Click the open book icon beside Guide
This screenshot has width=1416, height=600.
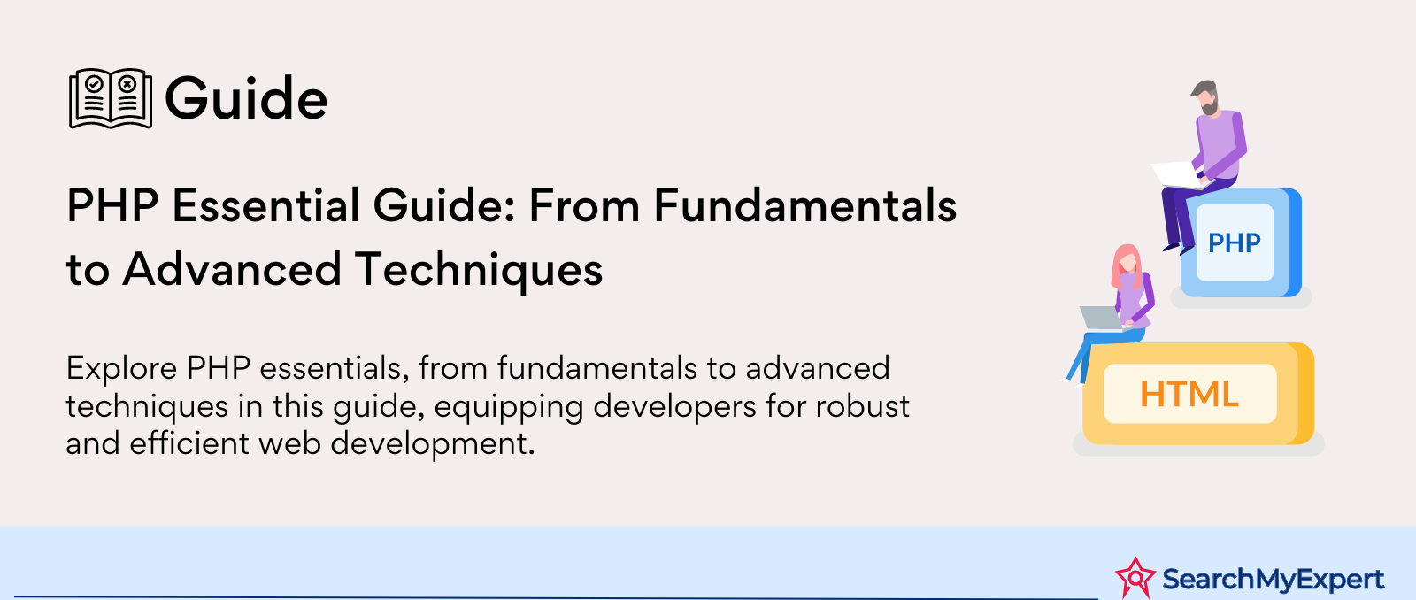pyautogui.click(x=111, y=98)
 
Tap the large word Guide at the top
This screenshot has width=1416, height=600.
pyautogui.click(x=246, y=98)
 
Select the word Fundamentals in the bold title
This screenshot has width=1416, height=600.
pyautogui.click(x=804, y=205)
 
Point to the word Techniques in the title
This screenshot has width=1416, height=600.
pyautogui.click(x=479, y=270)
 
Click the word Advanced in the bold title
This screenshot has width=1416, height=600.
pyautogui.click(x=232, y=269)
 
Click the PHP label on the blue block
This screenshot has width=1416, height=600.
pyautogui.click(x=1234, y=242)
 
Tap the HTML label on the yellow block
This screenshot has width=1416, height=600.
pyautogui.click(x=1189, y=394)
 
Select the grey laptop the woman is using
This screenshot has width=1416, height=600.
pyautogui.click(x=1101, y=318)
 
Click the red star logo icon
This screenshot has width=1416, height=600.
pyautogui.click(x=1135, y=578)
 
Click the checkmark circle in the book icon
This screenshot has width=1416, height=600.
pyautogui.click(x=94, y=83)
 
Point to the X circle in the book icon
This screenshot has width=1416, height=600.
pyautogui.click(x=127, y=83)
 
